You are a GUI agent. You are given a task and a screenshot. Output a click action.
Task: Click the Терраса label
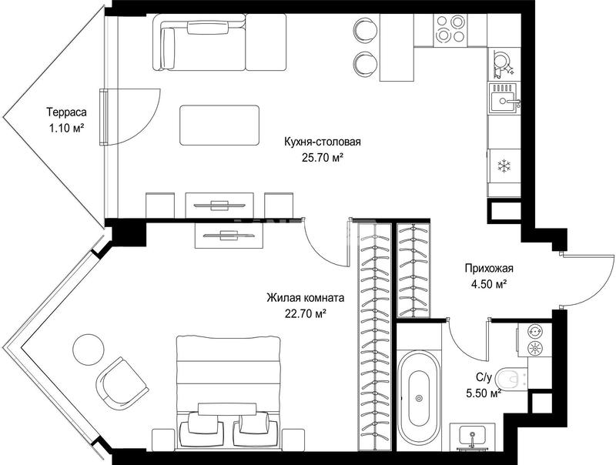pos(67,112)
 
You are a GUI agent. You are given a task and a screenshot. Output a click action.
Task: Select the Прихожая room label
pos(489,269)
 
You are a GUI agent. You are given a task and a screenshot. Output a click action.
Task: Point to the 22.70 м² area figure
pos(306,313)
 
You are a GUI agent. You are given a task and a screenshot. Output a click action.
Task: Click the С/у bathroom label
pos(484,378)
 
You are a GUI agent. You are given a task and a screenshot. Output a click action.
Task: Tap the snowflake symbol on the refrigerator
pos(504,166)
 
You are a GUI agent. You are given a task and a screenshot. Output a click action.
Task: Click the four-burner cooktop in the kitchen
pos(451,28)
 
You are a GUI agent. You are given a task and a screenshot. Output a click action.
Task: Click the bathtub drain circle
pos(419,398)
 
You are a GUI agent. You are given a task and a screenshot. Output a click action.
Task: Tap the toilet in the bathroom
pos(511,379)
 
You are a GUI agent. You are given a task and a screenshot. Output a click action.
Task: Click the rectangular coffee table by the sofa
pos(219,125)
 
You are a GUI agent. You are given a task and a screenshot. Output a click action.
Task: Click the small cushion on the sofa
pos(208,28)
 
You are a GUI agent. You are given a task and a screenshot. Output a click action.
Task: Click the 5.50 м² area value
pos(484,393)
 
